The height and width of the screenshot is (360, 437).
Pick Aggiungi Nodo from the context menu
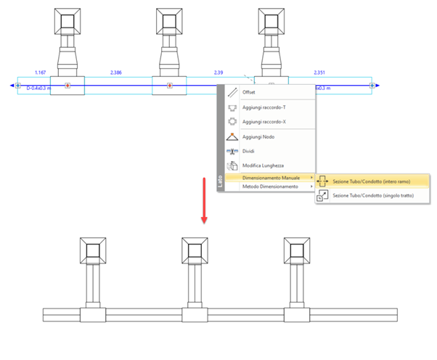pyautogui.click(x=258, y=136)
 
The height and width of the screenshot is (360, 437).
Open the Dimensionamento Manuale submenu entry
pyautogui.click(x=269, y=178)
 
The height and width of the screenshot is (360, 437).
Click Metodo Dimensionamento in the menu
pyautogui.click(x=270, y=187)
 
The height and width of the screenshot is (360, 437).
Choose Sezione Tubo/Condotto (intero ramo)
pyautogui.click(x=373, y=181)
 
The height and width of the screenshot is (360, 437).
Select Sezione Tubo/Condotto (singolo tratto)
pyautogui.click(x=375, y=195)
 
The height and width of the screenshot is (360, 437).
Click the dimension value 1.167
pyautogui.click(x=41, y=73)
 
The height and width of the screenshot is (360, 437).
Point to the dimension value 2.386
pyautogui.click(x=116, y=73)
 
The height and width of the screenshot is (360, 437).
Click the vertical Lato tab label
pyautogui.click(x=221, y=181)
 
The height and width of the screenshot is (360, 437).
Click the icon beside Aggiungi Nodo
pyautogui.click(x=232, y=136)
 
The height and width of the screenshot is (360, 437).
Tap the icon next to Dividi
pyautogui.click(x=232, y=151)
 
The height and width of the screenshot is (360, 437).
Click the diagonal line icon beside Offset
pyautogui.click(x=232, y=92)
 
